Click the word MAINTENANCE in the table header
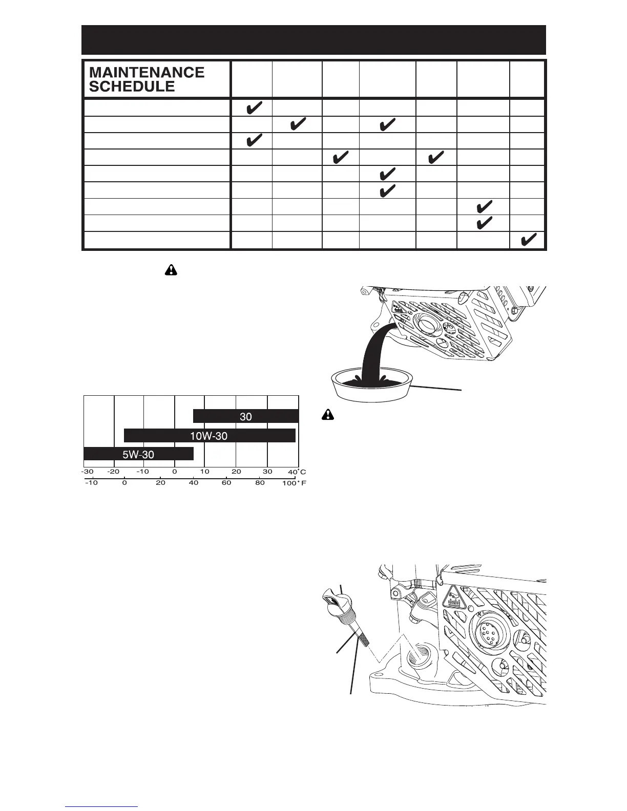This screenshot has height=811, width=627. [x=147, y=72]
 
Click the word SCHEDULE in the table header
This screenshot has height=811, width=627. [x=132, y=87]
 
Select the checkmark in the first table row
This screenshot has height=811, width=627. [x=252, y=108]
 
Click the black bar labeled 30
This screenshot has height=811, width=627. [x=246, y=416]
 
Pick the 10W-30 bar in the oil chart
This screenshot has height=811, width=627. [x=210, y=436]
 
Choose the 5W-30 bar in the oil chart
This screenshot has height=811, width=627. [x=138, y=454]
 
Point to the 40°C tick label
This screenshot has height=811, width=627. [x=297, y=472]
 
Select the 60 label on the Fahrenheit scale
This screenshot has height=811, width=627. [x=226, y=483]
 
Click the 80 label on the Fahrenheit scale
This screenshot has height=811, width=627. [x=260, y=483]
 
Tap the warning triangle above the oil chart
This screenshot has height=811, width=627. [x=170, y=270]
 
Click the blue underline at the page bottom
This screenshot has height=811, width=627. [x=101, y=807]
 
